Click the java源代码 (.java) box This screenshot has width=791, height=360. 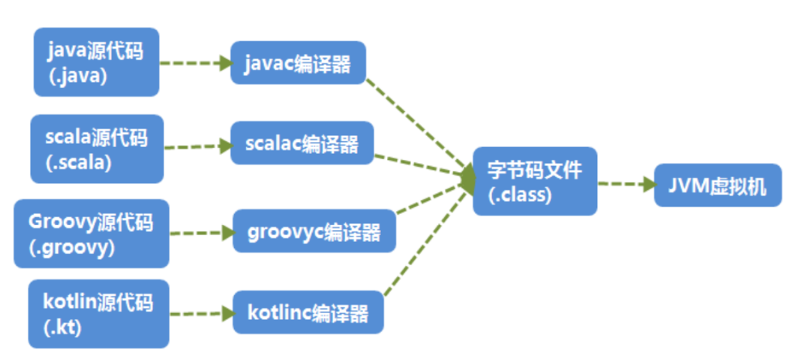pyautogui.click(x=97, y=63)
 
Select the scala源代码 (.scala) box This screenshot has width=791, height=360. pyautogui.click(x=97, y=149)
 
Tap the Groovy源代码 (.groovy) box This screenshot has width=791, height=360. pyautogui.click(x=91, y=234)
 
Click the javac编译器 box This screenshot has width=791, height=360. pyautogui.click(x=297, y=63)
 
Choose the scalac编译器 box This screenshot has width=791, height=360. pyautogui.click(x=302, y=143)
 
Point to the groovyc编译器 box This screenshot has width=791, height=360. pyautogui.click(x=314, y=230)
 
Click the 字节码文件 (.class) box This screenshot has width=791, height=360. pyautogui.click(x=535, y=181)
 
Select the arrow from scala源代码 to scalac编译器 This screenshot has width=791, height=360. pyautogui.click(x=198, y=145)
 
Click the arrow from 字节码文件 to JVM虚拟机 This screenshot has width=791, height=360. pyautogui.click(x=626, y=185)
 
